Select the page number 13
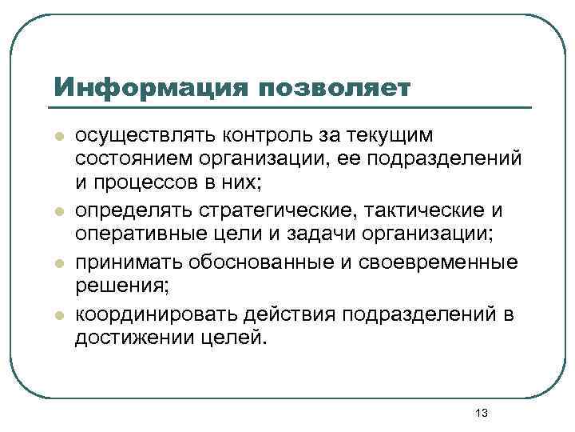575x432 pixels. coord(481,413)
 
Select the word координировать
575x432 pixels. coord(141,314)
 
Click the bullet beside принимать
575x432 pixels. coord(58,264)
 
